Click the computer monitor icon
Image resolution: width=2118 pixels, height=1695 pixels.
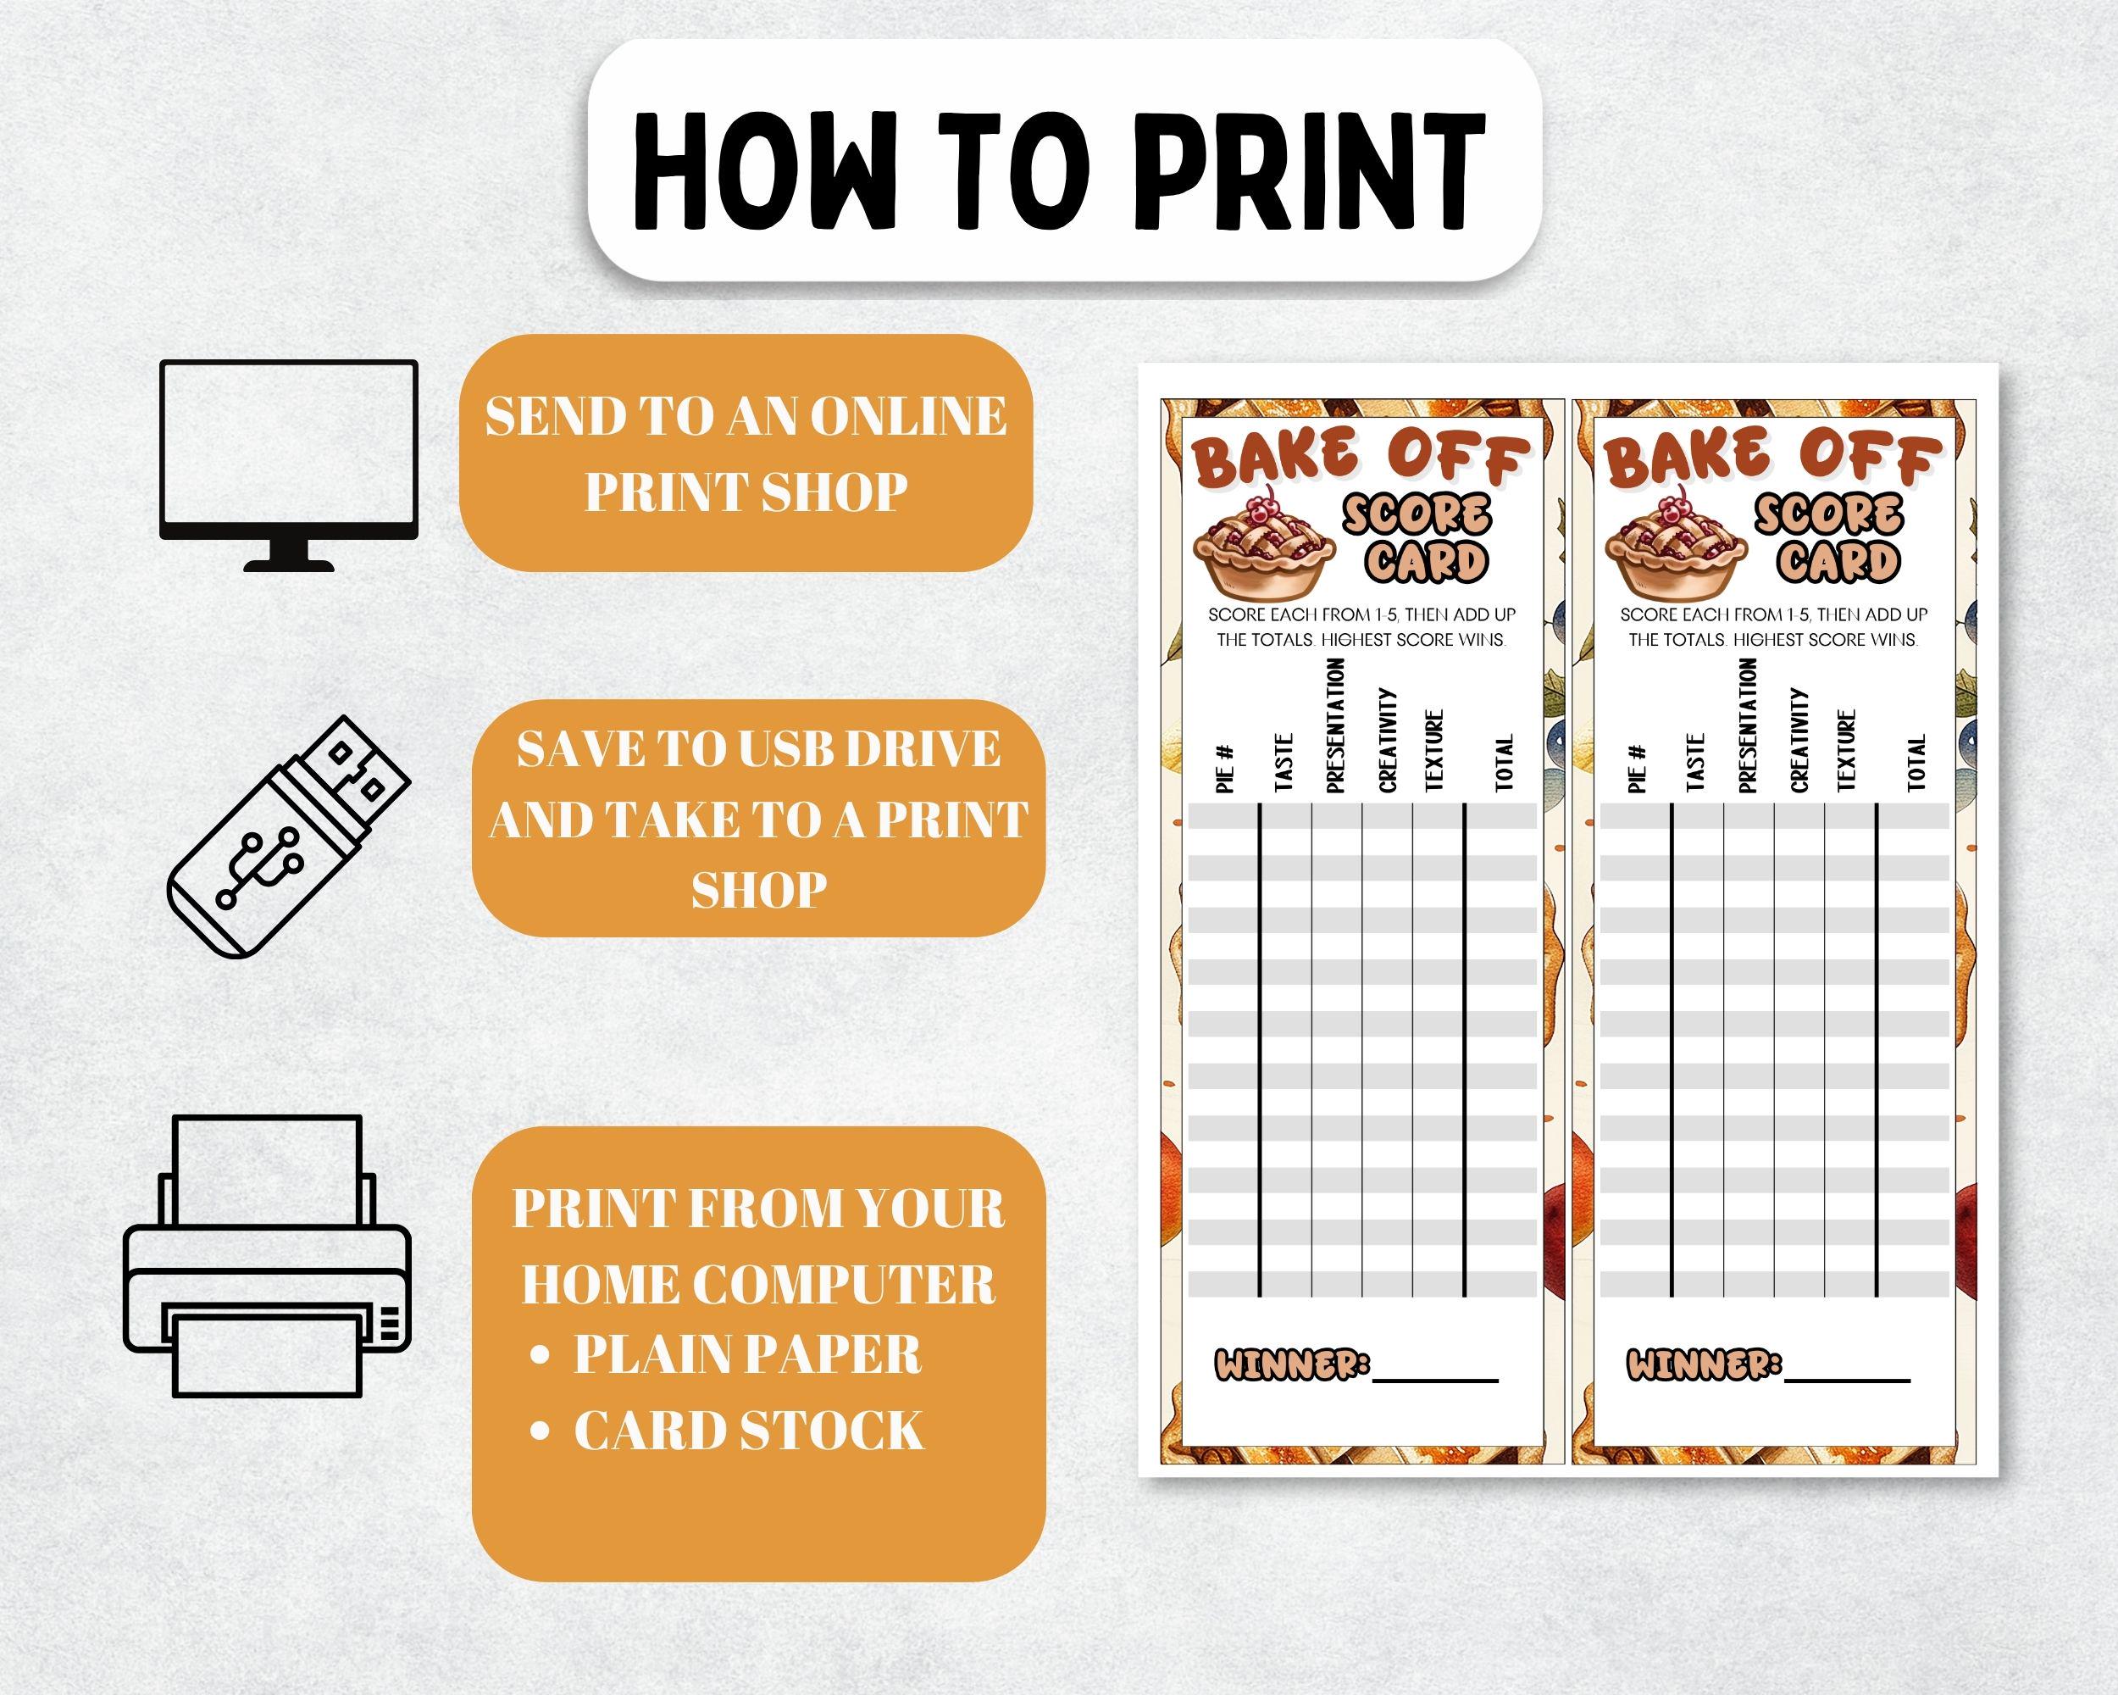tap(288, 463)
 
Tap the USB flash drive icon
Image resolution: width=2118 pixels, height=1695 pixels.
tap(288, 836)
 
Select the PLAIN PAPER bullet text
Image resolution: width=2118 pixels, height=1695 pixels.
tap(746, 1354)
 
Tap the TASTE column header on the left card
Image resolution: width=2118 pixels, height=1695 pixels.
tap(1283, 763)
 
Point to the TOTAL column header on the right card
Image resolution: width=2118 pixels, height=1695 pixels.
tap(1916, 763)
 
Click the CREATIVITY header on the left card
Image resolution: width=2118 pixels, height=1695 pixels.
tap(1387, 739)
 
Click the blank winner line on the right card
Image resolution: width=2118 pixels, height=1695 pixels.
tap(1847, 1375)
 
